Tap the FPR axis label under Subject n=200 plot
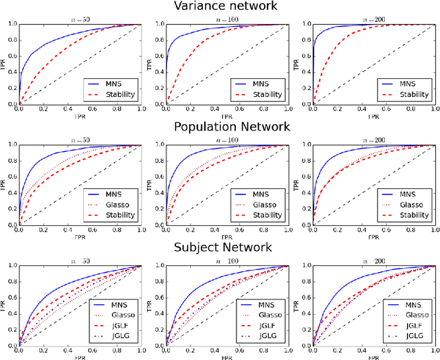[375, 357]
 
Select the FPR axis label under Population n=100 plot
[227, 237]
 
